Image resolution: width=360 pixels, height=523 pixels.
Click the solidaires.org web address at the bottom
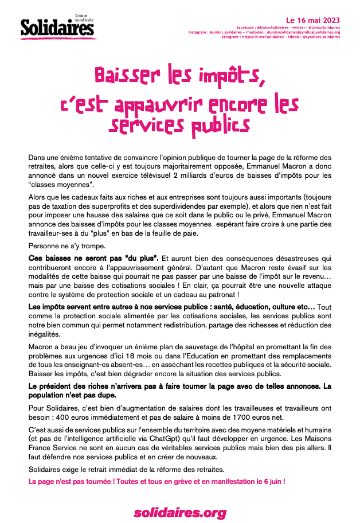[x=179, y=512]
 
